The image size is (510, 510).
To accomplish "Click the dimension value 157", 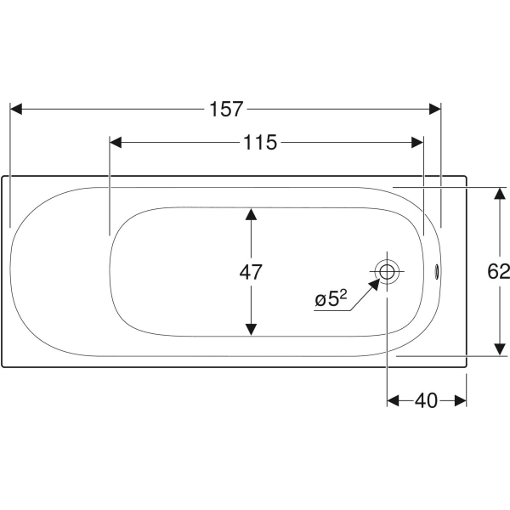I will pos(225,109).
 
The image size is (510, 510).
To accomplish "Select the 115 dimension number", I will pos(259,143).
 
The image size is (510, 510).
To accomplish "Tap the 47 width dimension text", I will pos(251,272).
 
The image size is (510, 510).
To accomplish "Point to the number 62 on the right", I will pos(499,272).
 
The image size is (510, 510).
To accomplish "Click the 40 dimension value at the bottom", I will pos(427,400).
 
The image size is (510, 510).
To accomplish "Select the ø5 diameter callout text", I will pos(328,299).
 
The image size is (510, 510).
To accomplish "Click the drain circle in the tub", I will pos(388,272).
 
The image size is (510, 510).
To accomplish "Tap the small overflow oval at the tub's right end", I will pos(439,272).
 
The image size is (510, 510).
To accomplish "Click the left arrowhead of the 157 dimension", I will pos(15,109).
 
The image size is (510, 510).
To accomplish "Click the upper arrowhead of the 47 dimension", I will pos(251,214).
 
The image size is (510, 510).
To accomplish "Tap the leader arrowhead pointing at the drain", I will pos(374,283).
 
